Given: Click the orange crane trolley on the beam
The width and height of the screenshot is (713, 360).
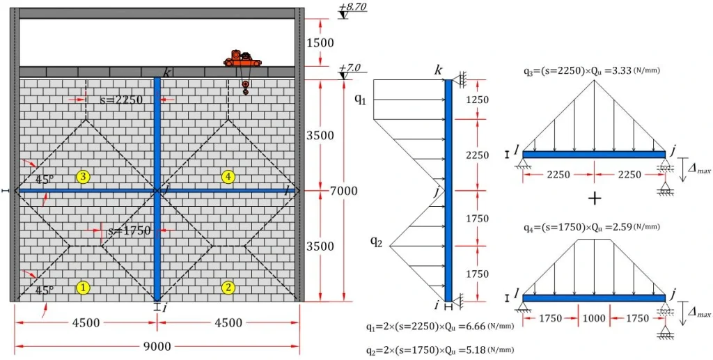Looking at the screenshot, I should coord(243,60).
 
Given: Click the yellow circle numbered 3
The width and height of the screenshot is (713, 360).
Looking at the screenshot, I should coord(83,177).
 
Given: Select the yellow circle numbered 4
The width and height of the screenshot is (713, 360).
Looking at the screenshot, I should coord(228,177).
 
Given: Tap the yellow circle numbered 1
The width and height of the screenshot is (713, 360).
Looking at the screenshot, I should coord(83,286).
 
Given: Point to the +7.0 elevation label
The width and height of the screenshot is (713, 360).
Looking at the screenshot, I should coord(350,69).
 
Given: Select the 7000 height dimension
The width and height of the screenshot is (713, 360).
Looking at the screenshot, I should coord(342,190).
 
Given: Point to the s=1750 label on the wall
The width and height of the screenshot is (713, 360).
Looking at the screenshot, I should coord(126,230).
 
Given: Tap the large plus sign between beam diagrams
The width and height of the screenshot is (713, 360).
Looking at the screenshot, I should coord(594,198).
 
